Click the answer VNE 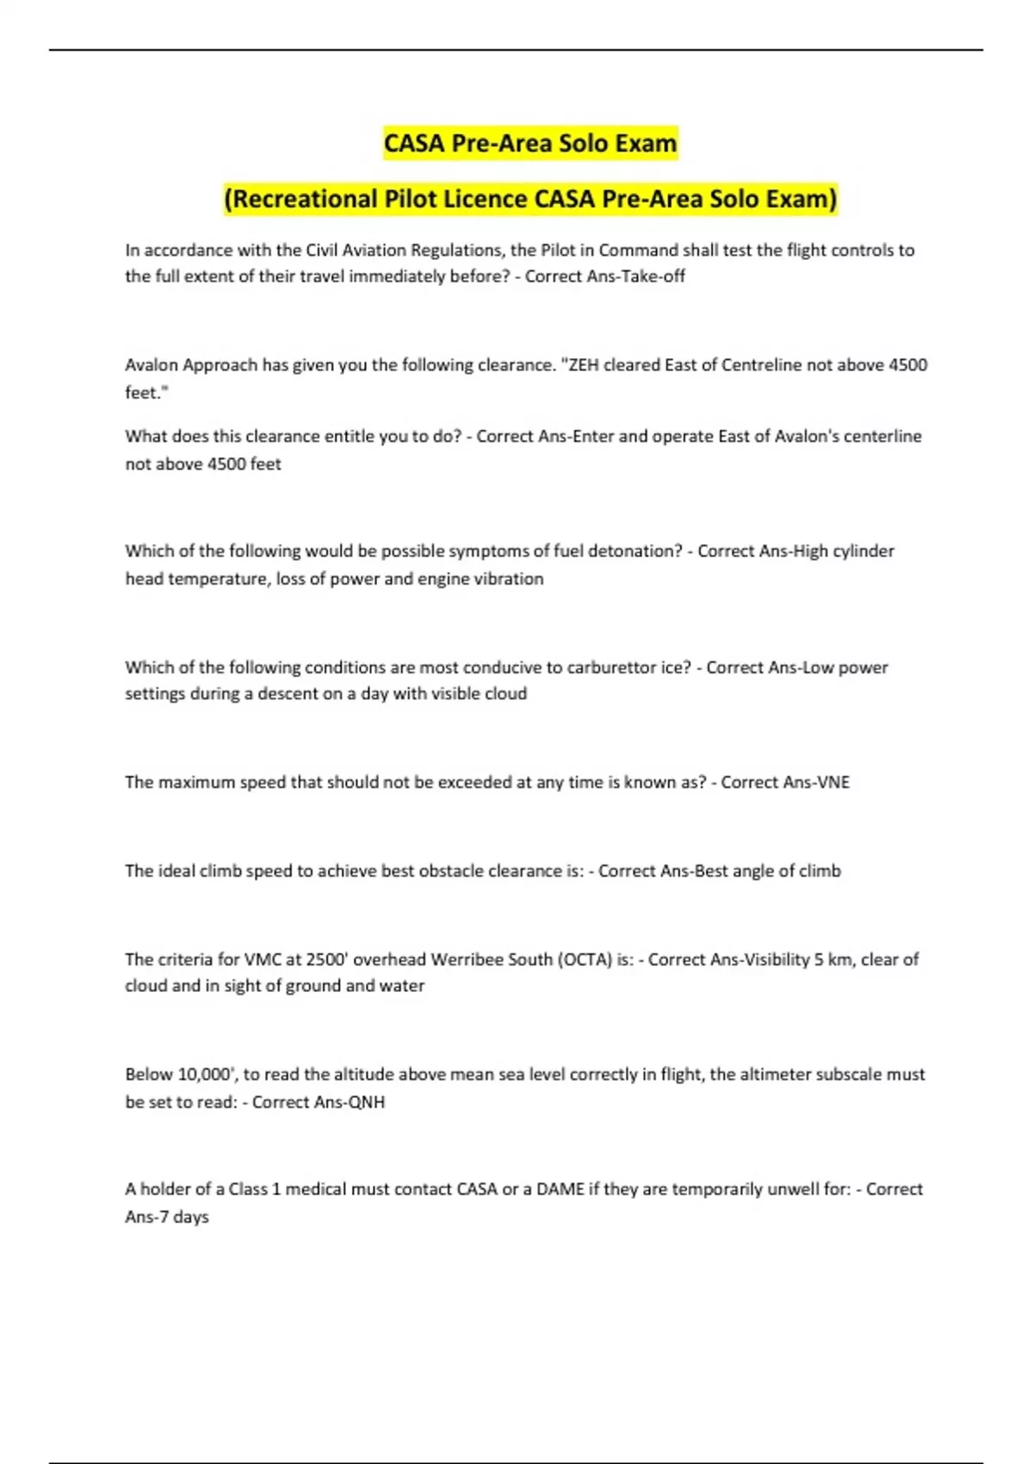(x=832, y=782)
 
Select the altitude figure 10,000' (x=207, y=1075)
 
